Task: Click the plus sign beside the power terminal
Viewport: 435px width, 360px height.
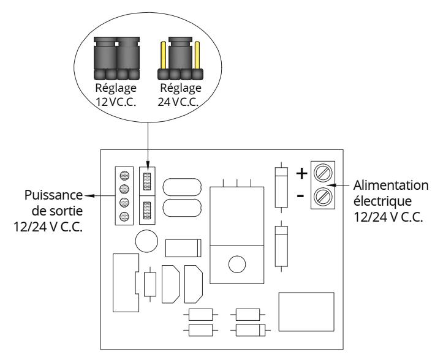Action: pos(302,173)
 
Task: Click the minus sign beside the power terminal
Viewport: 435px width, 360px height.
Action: pos(300,196)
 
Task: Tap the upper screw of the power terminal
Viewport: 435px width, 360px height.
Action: pos(323,173)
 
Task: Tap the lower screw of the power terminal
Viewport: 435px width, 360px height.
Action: pos(323,197)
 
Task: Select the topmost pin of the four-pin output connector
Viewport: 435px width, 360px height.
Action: pos(124,176)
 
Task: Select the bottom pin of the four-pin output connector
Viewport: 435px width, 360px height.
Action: pos(124,216)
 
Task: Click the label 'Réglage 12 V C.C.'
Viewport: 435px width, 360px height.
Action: pos(116,95)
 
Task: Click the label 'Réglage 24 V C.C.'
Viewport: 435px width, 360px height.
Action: pos(180,95)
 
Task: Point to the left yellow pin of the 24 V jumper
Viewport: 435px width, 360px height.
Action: pos(164,55)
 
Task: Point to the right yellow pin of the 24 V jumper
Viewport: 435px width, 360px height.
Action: pos(197,55)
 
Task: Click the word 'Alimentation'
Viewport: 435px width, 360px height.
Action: pos(391,186)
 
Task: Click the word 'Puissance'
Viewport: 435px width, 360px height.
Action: pos(53,195)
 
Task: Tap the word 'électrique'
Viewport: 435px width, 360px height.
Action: pos(382,201)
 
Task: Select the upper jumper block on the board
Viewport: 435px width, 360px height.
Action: pos(147,181)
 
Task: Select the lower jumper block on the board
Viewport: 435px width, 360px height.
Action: pos(147,210)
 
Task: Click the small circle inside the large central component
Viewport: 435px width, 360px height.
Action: pos(237,264)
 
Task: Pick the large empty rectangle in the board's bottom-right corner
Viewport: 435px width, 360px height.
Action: pos(306,312)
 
